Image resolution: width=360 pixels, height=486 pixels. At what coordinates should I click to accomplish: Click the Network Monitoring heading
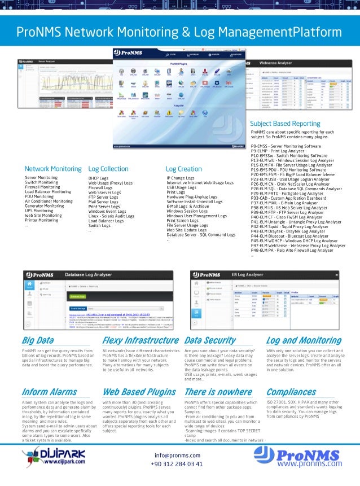pyautogui.click(x=53, y=169)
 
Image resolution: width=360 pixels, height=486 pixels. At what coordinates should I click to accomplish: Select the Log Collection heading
pyautogui.click(x=108, y=169)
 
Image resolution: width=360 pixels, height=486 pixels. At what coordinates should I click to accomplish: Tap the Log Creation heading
pyautogui.click(x=183, y=169)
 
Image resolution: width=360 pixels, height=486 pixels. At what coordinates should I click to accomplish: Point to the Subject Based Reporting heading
pyautogui.click(x=285, y=123)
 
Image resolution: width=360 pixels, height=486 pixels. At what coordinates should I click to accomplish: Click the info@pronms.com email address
pyautogui.click(x=177, y=455)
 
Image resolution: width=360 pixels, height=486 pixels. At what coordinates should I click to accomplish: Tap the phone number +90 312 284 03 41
pyautogui.click(x=177, y=463)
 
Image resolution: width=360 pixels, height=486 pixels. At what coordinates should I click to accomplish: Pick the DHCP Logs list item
pyautogui.click(x=98, y=178)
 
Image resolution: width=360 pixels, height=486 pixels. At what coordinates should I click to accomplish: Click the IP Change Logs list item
pyautogui.click(x=181, y=178)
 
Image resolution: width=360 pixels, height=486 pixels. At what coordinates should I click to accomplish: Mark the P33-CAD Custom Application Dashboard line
pyautogui.click(x=288, y=198)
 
